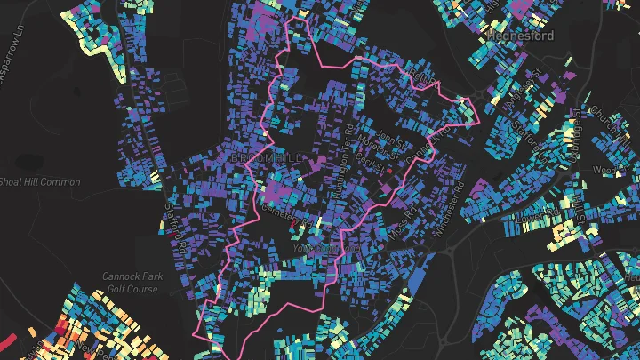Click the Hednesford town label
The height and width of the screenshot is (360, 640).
[521, 36]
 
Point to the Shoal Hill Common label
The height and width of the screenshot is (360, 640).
[40, 182]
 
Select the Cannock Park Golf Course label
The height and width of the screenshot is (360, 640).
[130, 282]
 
